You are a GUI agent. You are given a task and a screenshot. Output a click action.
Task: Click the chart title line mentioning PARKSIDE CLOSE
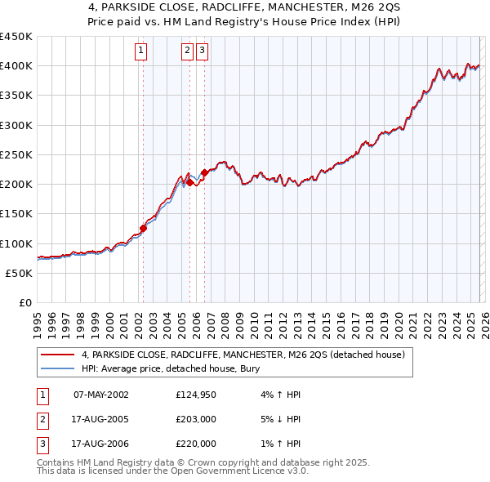(244, 8)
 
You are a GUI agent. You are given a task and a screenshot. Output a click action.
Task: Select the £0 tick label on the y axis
(25, 303)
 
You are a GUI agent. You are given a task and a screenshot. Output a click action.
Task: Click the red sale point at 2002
(143, 229)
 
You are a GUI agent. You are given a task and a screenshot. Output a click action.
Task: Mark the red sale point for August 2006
(204, 172)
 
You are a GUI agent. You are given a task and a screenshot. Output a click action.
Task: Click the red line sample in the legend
(58, 355)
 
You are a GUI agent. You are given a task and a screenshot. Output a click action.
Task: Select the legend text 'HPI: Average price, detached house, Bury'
(170, 369)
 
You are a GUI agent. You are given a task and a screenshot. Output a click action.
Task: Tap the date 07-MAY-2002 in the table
(101, 395)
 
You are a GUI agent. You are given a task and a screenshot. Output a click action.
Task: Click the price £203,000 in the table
(196, 419)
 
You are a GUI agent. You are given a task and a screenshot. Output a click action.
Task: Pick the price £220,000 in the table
(196, 444)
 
